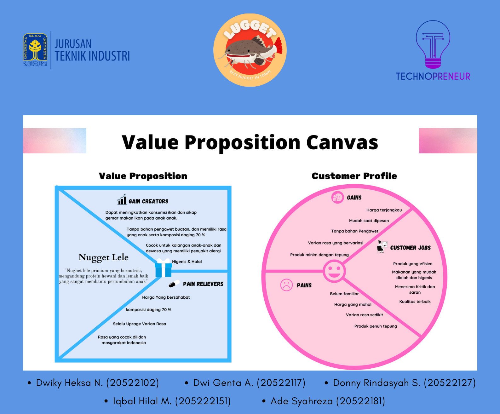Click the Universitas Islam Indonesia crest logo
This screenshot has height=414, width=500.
tap(35, 50)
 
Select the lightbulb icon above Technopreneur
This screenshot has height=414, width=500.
tap(433, 44)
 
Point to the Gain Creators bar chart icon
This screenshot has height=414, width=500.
tap(122, 199)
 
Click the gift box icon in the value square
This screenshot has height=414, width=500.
tap(164, 268)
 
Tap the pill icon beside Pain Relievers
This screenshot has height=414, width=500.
tap(174, 284)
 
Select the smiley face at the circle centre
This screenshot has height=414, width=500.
tap(334, 271)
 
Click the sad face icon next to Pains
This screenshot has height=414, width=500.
tap(286, 285)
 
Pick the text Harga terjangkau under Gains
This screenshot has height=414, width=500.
tap(384, 210)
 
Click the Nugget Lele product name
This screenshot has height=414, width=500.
tap(103, 257)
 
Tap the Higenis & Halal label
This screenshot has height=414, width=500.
tap(187, 262)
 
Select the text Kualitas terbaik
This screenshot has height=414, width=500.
tap(415, 302)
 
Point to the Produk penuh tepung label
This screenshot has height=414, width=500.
tap(376, 326)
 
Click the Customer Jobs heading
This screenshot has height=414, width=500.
tap(411, 248)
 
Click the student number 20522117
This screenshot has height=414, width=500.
tap(281, 382)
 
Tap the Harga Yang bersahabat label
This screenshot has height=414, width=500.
tap(166, 297)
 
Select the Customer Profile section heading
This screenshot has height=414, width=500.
tap(354, 176)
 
